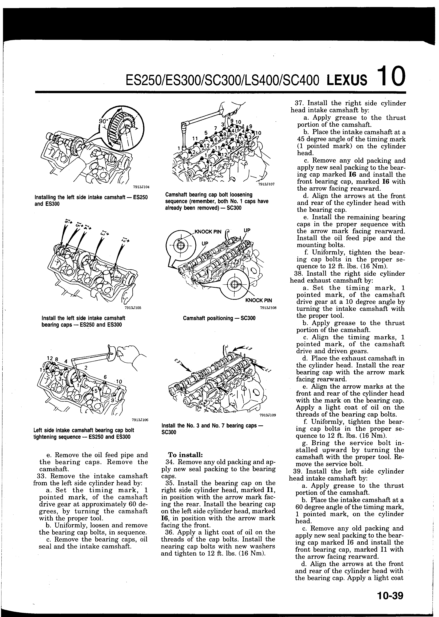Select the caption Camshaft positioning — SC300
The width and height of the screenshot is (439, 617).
point(219,318)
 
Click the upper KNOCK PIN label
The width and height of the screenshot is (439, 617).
point(208,232)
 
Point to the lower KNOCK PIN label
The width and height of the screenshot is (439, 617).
point(258,300)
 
